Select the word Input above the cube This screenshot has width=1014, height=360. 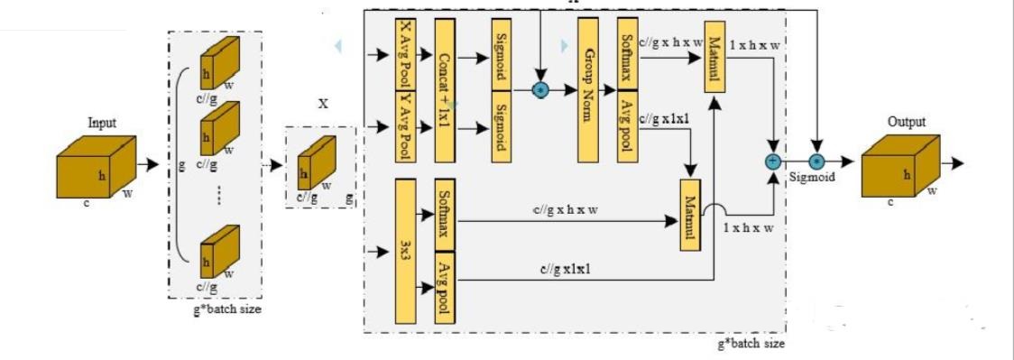[101, 123]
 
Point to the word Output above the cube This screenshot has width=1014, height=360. [906, 121]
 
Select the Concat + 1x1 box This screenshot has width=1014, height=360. [445, 89]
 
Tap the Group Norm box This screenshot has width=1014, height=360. [587, 89]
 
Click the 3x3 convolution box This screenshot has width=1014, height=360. [404, 250]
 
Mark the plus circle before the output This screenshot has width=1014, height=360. [773, 162]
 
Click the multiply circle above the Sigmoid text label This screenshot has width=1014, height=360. [816, 162]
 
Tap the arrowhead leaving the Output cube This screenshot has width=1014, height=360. [958, 164]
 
